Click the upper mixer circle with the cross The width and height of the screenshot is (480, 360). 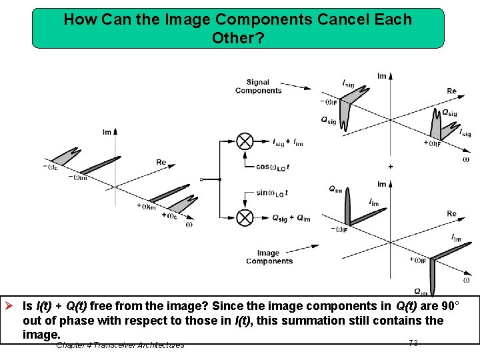coord(245,141)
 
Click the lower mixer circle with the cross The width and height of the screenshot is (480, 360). coord(245,217)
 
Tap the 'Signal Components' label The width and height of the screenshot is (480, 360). coord(258,87)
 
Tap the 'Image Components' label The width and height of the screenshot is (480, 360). coord(269,257)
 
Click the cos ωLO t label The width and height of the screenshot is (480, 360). coord(273,167)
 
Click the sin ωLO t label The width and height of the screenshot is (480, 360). coord(272,193)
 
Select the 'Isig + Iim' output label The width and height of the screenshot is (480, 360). coord(287,142)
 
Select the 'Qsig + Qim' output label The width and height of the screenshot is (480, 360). coord(291,219)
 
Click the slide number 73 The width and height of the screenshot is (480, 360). coord(413,343)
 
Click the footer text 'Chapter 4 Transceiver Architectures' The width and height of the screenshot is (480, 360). coord(120,345)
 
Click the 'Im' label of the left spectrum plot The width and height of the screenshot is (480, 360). coord(107,132)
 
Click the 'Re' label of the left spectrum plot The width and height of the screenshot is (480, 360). coord(161,162)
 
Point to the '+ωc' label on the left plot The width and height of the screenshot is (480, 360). coord(169,215)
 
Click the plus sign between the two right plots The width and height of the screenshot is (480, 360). coord(391,166)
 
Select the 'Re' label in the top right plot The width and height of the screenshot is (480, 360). coord(451,91)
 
